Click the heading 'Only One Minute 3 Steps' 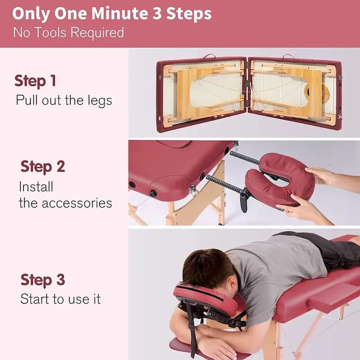pos(112,13)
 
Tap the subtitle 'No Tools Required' pos(68,32)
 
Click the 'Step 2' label pos(43,166)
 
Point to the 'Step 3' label pos(43,280)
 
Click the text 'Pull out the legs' pos(63,100)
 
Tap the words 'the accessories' pos(65,203)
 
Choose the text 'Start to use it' pos(60,299)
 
